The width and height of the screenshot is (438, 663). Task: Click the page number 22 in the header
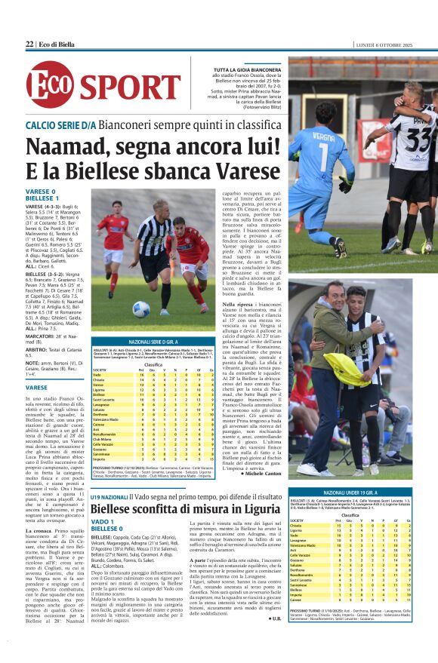coord(29,45)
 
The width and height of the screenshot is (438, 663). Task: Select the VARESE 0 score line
coord(41,191)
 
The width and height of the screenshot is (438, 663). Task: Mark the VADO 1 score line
coord(37,522)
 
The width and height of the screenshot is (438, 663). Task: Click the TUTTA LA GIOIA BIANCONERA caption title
coord(248,69)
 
